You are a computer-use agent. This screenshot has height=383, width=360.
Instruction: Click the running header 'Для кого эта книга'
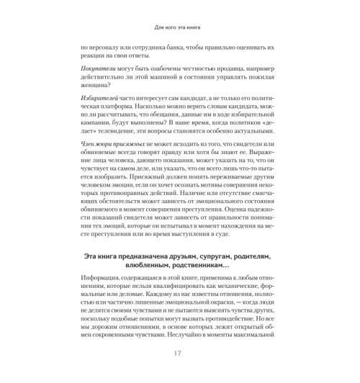tap(179, 30)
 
